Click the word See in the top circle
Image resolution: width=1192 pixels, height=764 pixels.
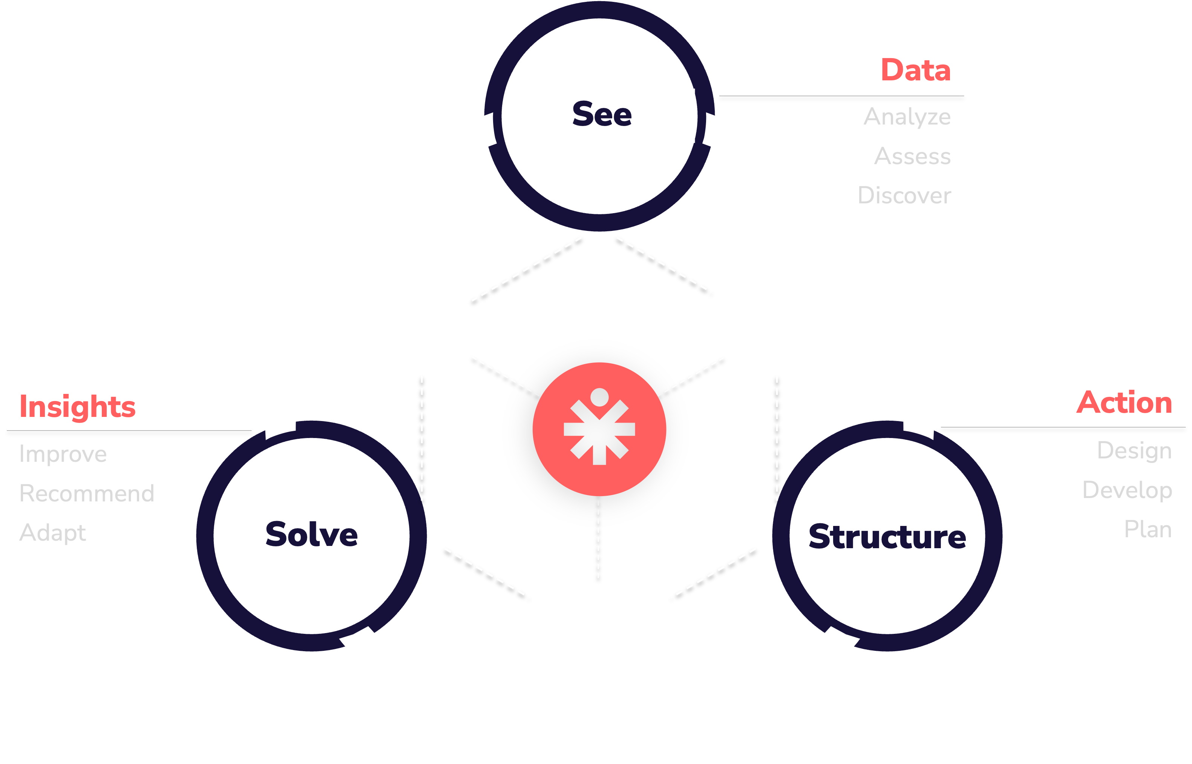pyautogui.click(x=602, y=115)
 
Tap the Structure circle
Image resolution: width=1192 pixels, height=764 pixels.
pyautogui.click(x=887, y=536)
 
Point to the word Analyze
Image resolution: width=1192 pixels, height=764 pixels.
pyautogui.click(x=907, y=117)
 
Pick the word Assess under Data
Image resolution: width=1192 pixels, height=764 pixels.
pyautogui.click(x=912, y=156)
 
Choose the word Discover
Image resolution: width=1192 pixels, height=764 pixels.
pyautogui.click(x=904, y=195)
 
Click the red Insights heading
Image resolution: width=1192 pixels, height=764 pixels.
pyautogui.click(x=77, y=407)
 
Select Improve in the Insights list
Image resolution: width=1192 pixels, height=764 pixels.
pyautogui.click(x=63, y=454)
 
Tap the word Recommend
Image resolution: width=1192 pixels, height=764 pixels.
pyautogui.click(x=87, y=493)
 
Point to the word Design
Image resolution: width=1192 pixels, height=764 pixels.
pyautogui.click(x=1134, y=451)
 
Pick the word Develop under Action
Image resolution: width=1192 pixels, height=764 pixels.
pyautogui.click(x=1127, y=490)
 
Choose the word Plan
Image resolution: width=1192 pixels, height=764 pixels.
pyautogui.click(x=1148, y=529)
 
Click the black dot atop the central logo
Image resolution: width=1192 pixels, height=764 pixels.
pyautogui.click(x=599, y=397)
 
